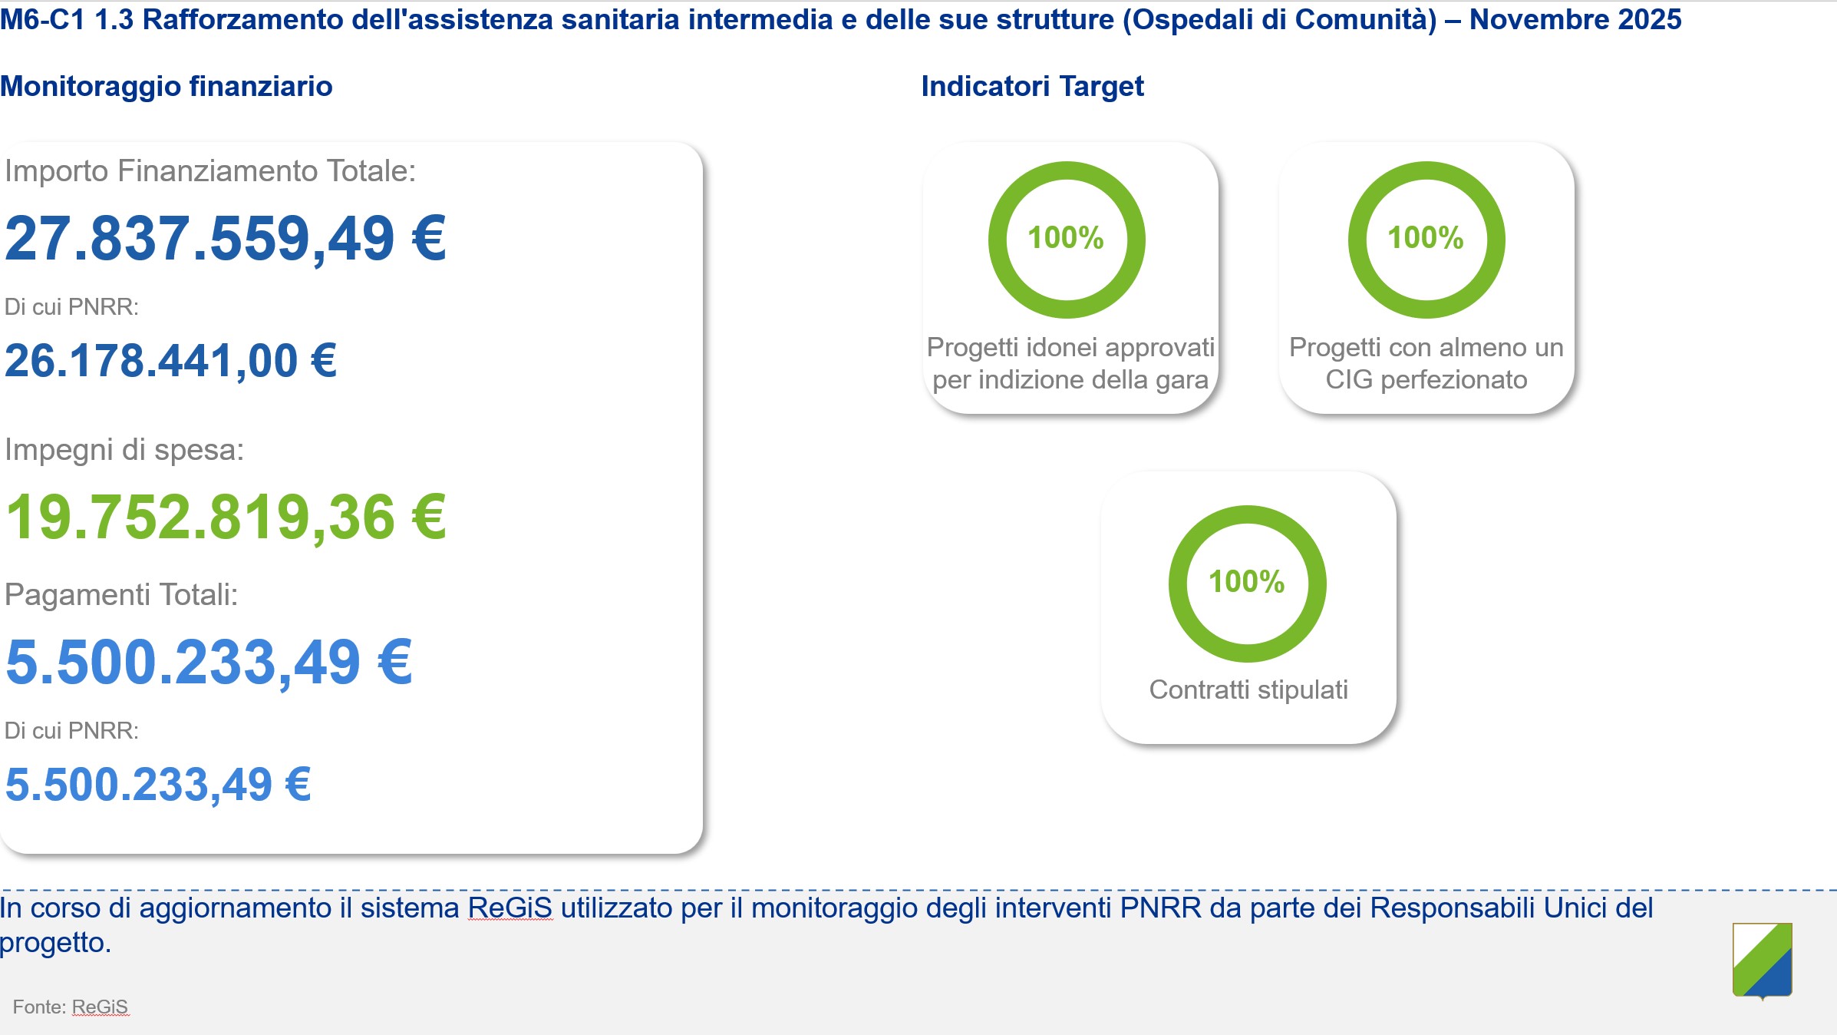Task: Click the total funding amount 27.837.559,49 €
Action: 225,239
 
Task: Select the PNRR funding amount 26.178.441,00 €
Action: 170,361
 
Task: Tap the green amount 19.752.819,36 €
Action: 226,517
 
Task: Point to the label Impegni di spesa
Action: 124,450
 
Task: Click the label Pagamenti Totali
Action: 121,595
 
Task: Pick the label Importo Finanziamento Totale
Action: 210,171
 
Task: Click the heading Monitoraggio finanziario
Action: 167,87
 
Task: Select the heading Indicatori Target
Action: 1032,87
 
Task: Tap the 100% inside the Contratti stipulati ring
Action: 1247,582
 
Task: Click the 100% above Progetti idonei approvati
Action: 1066,238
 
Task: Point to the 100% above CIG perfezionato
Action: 1426,238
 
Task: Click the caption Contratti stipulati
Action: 1248,689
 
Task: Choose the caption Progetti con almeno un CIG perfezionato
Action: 1426,363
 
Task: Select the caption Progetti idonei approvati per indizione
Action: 1070,363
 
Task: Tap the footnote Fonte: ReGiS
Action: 71,1007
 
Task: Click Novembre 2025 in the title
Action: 1575,19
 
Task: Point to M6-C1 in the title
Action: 42,19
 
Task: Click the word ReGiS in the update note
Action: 510,908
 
